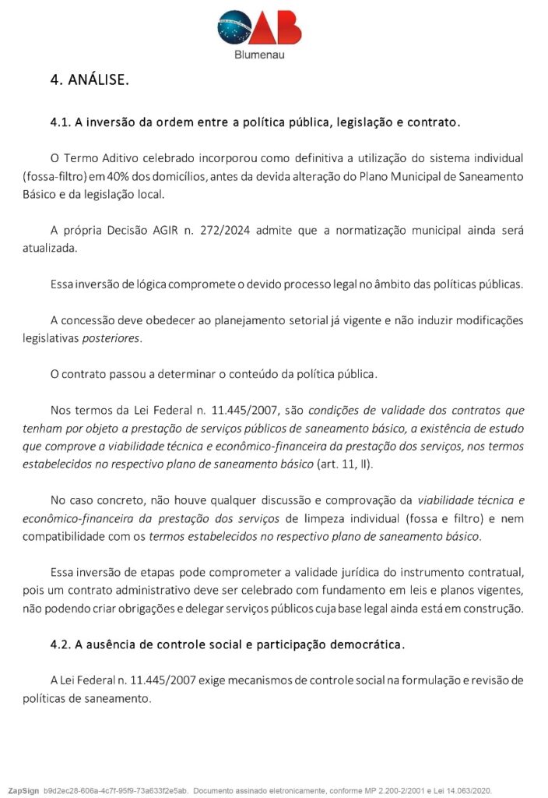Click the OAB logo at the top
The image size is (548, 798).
tap(259, 28)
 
